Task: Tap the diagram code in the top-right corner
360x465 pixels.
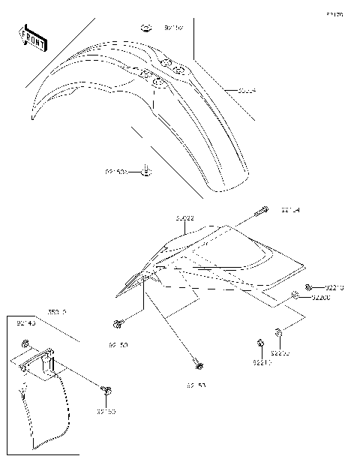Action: pos(334,14)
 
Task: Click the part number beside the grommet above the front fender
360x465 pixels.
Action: pos(173,29)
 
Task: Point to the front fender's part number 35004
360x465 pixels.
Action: pos(247,91)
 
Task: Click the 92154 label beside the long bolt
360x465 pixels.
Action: pos(292,210)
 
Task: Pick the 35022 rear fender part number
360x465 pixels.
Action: pos(184,218)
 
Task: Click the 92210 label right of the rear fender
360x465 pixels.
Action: pos(335,286)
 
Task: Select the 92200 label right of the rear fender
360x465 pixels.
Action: pos(321,297)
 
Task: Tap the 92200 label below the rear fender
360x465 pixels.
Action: pos(280,352)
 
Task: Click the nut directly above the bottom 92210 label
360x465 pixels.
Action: pos(259,343)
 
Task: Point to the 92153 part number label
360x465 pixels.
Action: pos(197,385)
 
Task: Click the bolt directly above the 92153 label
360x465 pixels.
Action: pos(197,366)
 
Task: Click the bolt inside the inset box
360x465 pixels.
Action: pos(108,390)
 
